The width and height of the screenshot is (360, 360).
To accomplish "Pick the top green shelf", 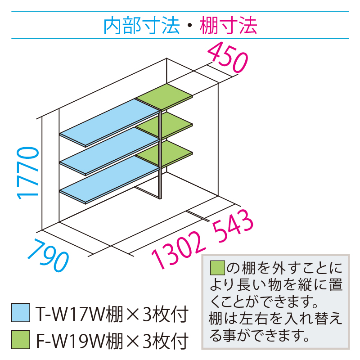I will click(164, 96).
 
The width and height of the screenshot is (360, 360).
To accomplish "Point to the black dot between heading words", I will click(189, 27).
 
